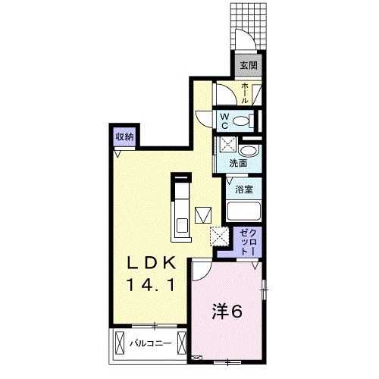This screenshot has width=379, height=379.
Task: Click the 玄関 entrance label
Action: pyautogui.click(x=249, y=65)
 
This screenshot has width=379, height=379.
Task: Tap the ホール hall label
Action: pyautogui.click(x=245, y=93)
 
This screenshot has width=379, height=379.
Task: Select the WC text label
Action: pyautogui.click(x=224, y=121)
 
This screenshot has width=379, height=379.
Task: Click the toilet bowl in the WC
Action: pyautogui.click(x=240, y=121)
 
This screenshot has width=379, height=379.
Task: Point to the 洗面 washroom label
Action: pyautogui.click(x=238, y=163)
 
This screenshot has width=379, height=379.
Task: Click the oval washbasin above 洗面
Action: pyautogui.click(x=248, y=152)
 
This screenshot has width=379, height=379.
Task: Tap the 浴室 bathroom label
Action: pyautogui.click(x=244, y=189)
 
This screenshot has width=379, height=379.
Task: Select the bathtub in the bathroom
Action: pyautogui.click(x=244, y=211)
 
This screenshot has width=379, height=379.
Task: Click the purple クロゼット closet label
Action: pyautogui.click(x=248, y=241)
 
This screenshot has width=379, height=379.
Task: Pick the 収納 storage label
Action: pyautogui.click(x=124, y=137)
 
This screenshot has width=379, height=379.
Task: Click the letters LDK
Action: pyautogui.click(x=151, y=264)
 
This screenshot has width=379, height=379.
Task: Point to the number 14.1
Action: pyautogui.click(x=151, y=285)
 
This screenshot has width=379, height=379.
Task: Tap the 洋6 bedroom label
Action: pyautogui.click(x=227, y=312)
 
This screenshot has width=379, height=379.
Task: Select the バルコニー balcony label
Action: pyautogui.click(x=151, y=343)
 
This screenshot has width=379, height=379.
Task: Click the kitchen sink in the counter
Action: pyautogui.click(x=182, y=225)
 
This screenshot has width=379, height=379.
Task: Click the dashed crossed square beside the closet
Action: pyautogui.click(x=219, y=236)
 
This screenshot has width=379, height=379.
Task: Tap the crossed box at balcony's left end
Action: pyautogui.click(x=120, y=343)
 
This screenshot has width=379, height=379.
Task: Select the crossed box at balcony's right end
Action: pyautogui.click(x=182, y=343)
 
